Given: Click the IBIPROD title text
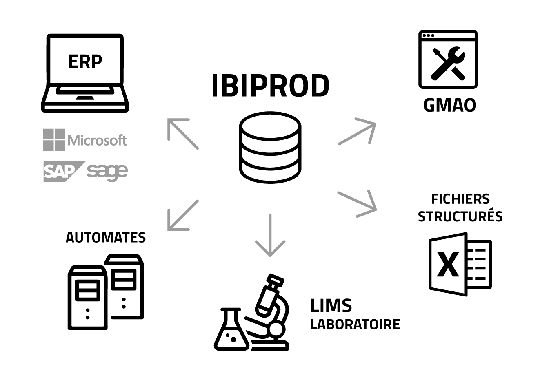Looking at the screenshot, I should click(x=270, y=86).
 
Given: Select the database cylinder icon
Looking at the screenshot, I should click(x=271, y=147).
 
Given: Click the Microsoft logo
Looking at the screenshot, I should click(x=85, y=140).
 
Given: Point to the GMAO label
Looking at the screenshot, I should click(x=449, y=105).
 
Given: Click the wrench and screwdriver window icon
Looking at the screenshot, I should click(x=448, y=60).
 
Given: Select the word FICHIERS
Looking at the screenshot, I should click(x=460, y=199).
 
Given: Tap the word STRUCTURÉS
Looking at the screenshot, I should click(x=460, y=216).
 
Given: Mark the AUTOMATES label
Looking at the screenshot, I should click(x=106, y=237).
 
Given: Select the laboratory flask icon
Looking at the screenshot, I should click(x=231, y=330).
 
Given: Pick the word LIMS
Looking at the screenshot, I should click(x=331, y=306).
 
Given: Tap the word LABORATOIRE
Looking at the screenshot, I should click(x=355, y=324).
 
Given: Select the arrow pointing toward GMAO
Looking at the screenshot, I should click(x=357, y=131).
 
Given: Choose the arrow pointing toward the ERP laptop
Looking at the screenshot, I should click(x=182, y=133).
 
